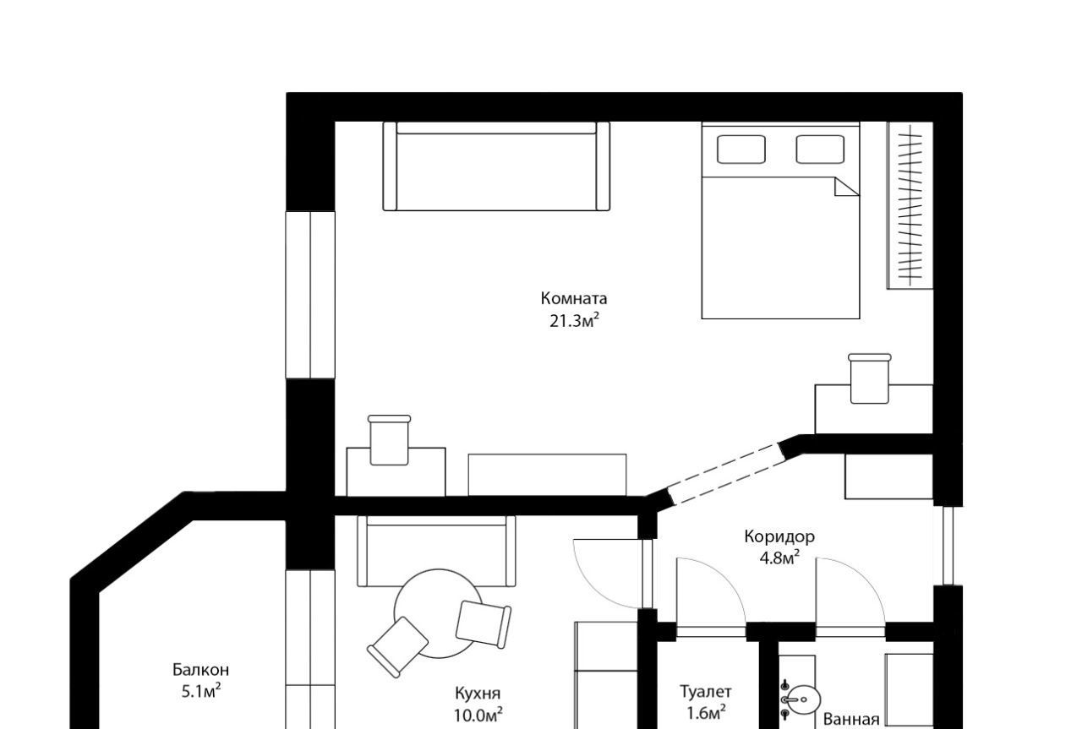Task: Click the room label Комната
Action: click(x=573, y=298)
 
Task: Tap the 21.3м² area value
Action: click(x=574, y=320)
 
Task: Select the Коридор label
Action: click(x=779, y=536)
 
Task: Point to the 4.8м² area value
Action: click(x=779, y=558)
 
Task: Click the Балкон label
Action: click(x=200, y=670)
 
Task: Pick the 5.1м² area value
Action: click(x=201, y=691)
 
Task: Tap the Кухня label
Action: click(x=478, y=694)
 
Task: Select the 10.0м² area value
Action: click(x=478, y=715)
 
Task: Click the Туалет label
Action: click(x=706, y=692)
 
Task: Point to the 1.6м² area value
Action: click(x=706, y=711)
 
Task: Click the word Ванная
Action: click(x=851, y=720)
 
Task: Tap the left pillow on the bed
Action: click(x=741, y=150)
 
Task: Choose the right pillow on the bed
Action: click(x=820, y=150)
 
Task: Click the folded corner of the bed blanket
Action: click(x=846, y=187)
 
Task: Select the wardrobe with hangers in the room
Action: click(x=910, y=205)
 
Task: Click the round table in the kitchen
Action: click(x=439, y=613)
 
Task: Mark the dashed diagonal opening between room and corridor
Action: click(x=726, y=475)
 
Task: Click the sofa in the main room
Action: click(x=496, y=166)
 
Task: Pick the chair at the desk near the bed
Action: click(x=870, y=378)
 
